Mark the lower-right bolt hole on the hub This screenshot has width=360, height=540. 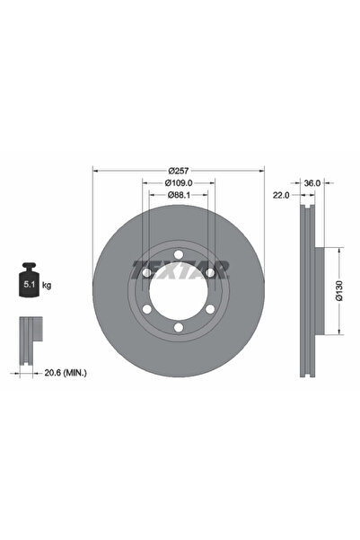click(x=210, y=310)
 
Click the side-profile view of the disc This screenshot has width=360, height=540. click(x=307, y=290)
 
